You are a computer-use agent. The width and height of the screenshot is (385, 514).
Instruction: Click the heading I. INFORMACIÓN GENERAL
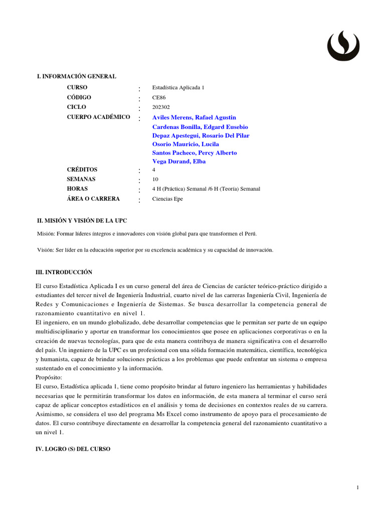77,76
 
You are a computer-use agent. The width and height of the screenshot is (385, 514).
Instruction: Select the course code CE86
159,98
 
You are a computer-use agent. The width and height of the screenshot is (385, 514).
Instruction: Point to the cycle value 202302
161,107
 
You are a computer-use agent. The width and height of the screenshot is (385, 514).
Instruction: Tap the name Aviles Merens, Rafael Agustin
194,117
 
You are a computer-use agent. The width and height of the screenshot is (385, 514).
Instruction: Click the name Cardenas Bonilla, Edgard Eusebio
200,127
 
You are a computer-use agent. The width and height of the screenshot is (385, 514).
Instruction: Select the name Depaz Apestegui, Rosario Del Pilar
201,136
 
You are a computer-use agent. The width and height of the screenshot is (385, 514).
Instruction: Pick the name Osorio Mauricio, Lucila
185,144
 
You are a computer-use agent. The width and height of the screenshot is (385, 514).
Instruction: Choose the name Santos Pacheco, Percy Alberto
195,153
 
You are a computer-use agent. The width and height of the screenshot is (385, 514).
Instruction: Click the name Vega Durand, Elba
179,162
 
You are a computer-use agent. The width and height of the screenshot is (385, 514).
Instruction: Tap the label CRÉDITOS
82,170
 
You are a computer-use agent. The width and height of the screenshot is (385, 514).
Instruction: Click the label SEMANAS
81,179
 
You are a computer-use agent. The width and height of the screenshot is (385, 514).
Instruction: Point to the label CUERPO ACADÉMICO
98,117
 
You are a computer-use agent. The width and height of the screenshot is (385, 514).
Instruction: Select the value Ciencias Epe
167,199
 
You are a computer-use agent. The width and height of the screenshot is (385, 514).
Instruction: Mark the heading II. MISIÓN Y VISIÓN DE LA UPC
86,220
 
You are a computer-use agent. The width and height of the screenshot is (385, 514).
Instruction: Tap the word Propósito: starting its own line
50,377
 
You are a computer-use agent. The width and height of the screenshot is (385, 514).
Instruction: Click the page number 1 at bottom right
358,488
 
